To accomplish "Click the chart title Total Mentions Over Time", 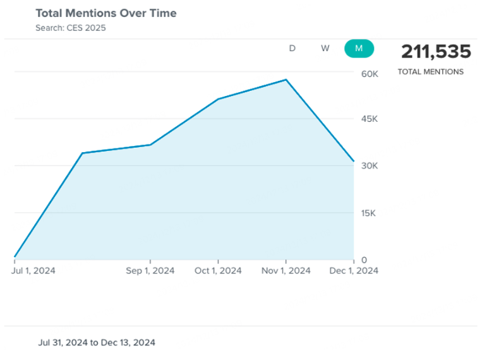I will tap(105, 13).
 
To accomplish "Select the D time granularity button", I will tap(292, 49).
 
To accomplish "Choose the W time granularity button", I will tap(325, 49).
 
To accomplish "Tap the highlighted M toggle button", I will tap(359, 49).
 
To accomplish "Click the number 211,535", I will tap(436, 51).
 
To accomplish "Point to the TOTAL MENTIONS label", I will tap(430, 72).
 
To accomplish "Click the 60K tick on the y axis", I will tap(370, 74).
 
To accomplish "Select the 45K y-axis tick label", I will tap(370, 119).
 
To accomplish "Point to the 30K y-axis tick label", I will tap(370, 166).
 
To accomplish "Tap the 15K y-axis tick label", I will tap(370, 213).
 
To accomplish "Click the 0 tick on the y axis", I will tap(364, 260).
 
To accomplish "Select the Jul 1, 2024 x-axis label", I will tap(33, 271).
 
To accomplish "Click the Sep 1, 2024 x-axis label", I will tap(150, 271).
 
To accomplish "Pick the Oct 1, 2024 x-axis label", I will tap(218, 271).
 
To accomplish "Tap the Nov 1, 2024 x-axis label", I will tap(286, 271).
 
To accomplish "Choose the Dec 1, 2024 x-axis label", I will tap(354, 271).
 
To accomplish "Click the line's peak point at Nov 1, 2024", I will tap(286, 80).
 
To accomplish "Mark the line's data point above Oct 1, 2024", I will tap(218, 99).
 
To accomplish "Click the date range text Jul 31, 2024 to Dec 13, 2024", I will tap(97, 342).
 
